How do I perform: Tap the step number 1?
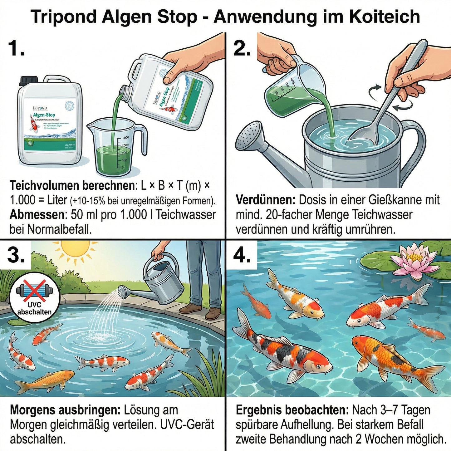coord(16,49)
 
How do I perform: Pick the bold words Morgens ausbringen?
coord(65,410)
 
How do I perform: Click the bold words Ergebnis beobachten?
coord(292,410)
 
